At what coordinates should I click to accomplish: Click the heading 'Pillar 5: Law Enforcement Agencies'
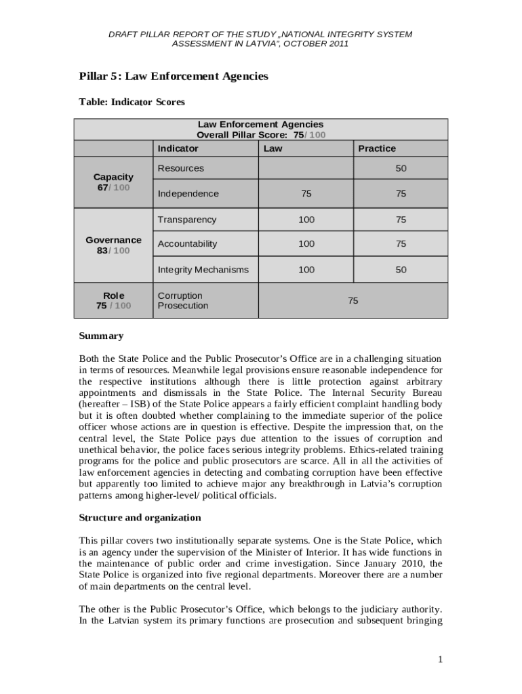174,76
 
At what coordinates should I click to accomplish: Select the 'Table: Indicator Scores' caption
132,102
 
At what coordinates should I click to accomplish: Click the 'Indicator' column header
178,148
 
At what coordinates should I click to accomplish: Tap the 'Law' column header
273,148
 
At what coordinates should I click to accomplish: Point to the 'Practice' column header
377,148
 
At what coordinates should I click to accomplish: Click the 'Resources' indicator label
180,168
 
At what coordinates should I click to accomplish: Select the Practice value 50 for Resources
401,168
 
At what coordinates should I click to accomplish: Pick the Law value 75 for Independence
306,194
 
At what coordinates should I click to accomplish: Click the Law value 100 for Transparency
306,220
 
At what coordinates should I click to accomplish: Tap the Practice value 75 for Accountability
401,243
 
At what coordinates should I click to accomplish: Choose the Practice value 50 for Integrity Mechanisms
401,270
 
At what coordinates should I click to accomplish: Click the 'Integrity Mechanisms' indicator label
203,270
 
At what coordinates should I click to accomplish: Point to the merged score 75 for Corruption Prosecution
353,300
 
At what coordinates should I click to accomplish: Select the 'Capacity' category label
113,177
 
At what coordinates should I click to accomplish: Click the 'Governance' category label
113,240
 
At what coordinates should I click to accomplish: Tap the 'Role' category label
113,295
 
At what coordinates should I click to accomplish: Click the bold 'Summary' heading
101,336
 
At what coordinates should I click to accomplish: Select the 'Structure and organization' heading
140,518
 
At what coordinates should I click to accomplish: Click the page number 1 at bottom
440,659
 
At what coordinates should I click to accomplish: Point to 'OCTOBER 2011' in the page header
319,43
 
